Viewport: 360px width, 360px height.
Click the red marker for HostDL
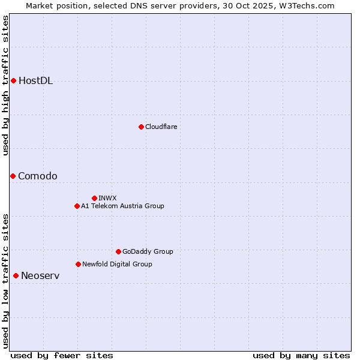click(13, 80)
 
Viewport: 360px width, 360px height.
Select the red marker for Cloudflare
click(141, 127)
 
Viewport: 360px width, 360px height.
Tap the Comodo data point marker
click(13, 176)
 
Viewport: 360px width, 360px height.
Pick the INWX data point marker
click(94, 198)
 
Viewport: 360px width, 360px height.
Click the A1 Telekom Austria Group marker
click(77, 206)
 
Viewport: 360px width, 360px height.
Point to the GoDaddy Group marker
click(118, 251)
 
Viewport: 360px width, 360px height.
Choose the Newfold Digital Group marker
click(78, 264)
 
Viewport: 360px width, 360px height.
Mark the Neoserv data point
click(16, 275)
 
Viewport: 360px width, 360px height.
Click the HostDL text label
click(35, 81)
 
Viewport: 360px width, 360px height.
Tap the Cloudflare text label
click(161, 127)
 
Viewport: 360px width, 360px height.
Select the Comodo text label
click(38, 176)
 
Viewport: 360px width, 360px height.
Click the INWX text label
click(107, 198)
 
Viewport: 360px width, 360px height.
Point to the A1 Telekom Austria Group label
click(122, 206)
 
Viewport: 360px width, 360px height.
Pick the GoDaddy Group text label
click(148, 251)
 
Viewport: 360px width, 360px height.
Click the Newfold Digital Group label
click(117, 264)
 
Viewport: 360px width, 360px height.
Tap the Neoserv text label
click(40, 275)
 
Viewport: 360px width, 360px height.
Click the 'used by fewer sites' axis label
click(62, 355)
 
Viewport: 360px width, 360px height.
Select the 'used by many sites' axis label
click(301, 355)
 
